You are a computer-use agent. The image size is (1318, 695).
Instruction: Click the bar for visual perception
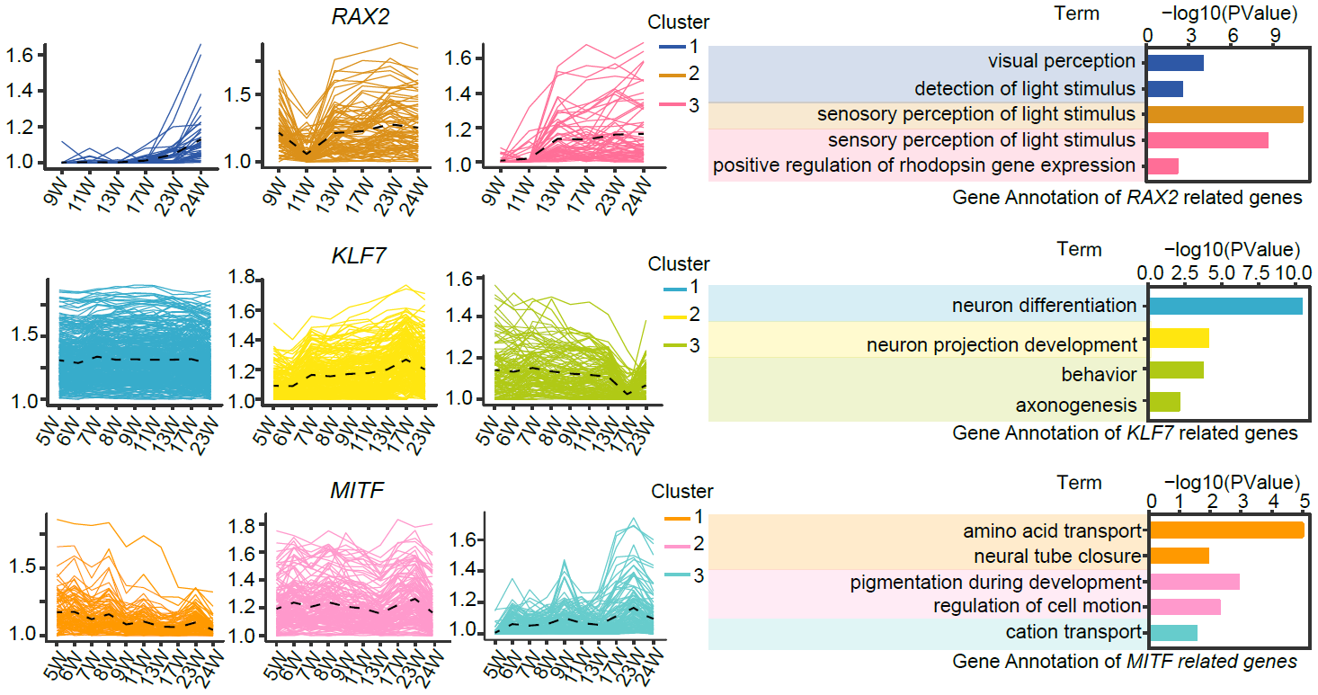click(1176, 62)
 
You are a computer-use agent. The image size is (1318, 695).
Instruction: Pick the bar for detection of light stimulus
click(1166, 89)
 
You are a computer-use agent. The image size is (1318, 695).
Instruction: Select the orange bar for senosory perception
click(1225, 114)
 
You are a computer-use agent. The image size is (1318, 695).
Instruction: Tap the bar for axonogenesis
click(1165, 402)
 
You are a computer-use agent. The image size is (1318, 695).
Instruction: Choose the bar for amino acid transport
click(1226, 530)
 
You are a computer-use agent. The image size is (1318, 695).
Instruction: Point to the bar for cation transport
click(1173, 632)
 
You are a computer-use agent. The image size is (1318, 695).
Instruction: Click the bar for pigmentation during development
click(1195, 582)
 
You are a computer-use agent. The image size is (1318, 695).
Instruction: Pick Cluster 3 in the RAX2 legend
click(693, 105)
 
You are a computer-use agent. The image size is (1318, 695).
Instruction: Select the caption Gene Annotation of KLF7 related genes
click(1125, 433)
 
